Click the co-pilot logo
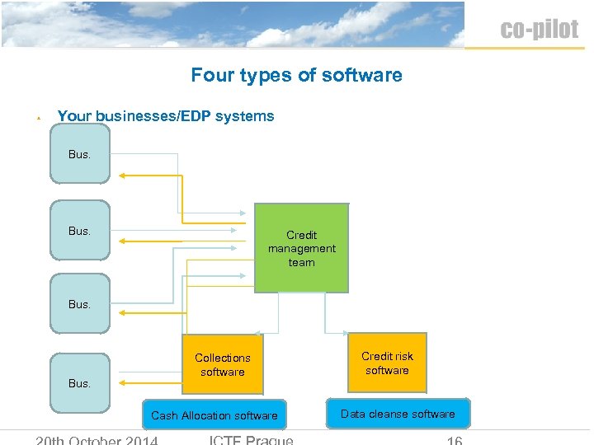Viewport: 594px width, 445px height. pyautogui.click(x=539, y=30)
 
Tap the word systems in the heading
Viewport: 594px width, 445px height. pyautogui.click(x=246, y=116)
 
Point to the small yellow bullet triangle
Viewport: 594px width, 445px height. pyautogui.click(x=39, y=119)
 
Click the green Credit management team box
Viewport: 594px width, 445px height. pyautogui.click(x=301, y=248)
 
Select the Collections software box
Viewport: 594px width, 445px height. pyautogui.click(x=222, y=364)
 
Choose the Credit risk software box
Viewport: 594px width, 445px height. pyautogui.click(x=387, y=363)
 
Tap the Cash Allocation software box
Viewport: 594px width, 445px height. pyautogui.click(x=214, y=415)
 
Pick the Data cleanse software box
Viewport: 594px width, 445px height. pyautogui.click(x=398, y=414)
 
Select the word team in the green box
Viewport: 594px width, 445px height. pyautogui.click(x=301, y=263)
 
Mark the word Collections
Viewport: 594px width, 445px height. pyautogui.click(x=222, y=358)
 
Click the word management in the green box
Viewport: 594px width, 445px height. pyautogui.click(x=301, y=249)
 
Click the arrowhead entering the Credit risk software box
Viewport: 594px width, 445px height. pyautogui.click(x=348, y=334)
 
